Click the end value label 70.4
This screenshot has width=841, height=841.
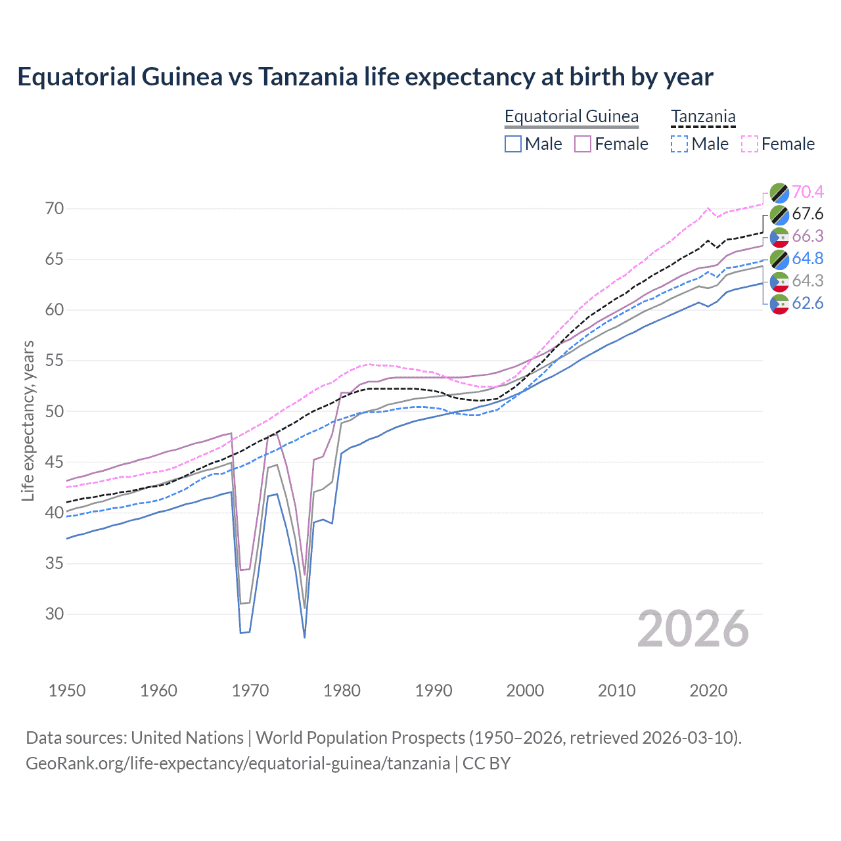807,192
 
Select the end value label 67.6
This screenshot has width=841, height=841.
807,214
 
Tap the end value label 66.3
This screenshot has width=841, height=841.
807,237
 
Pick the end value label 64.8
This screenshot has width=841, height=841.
807,259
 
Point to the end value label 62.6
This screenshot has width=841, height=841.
807,304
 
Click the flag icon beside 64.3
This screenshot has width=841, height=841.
779,281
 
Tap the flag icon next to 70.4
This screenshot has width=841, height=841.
779,192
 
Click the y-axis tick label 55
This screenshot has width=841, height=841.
55,361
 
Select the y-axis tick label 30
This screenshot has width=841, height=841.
55,614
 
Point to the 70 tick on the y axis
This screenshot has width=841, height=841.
55,209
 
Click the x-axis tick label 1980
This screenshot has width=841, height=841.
342,691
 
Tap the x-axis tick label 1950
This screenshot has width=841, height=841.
67,691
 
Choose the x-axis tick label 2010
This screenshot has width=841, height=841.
616,691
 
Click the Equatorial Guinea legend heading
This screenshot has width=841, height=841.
571,116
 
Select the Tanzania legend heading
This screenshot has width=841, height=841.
702,116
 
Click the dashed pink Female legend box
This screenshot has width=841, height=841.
749,144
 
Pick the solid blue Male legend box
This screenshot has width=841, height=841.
513,144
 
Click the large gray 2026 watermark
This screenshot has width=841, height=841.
693,629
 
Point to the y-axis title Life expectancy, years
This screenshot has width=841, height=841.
28,420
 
